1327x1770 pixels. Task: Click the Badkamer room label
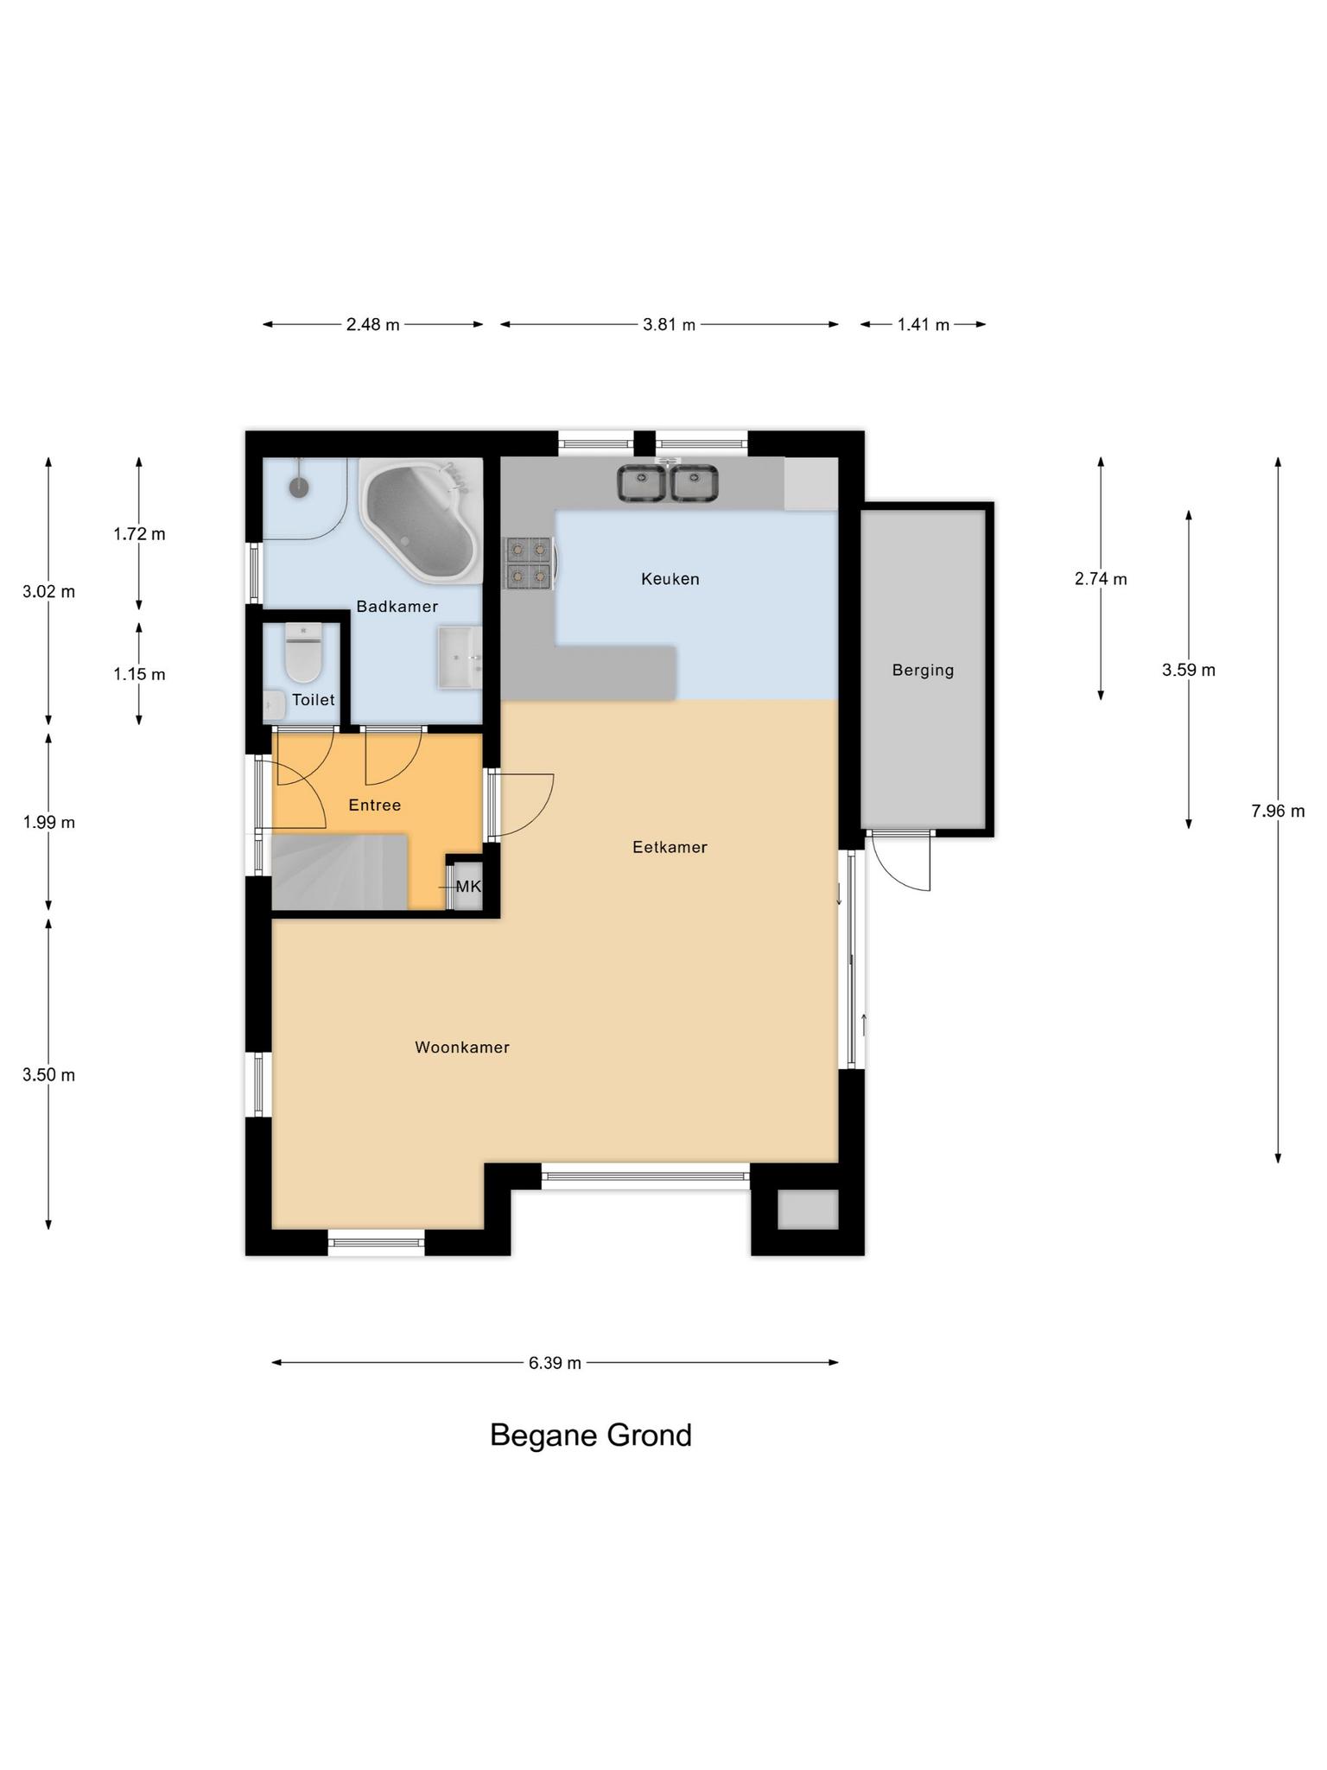(397, 607)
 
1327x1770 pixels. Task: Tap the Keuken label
(670, 579)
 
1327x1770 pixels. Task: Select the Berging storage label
(924, 670)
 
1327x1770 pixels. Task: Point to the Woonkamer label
(462, 1047)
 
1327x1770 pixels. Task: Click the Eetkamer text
(670, 847)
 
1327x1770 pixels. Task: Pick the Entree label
(375, 805)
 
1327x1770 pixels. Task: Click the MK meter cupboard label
(468, 887)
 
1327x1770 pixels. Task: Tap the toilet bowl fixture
(303, 653)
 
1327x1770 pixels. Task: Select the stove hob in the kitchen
(529, 563)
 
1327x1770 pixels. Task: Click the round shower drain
(299, 487)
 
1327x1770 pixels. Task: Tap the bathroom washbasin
(460, 659)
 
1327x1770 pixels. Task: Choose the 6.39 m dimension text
(555, 1363)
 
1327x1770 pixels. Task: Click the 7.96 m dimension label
(1278, 811)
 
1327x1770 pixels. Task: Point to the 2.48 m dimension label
(373, 325)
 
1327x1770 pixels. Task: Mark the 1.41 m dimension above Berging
(924, 325)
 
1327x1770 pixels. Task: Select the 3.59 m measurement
(1189, 670)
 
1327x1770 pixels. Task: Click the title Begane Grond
(591, 1436)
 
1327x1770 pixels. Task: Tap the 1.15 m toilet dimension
(139, 674)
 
